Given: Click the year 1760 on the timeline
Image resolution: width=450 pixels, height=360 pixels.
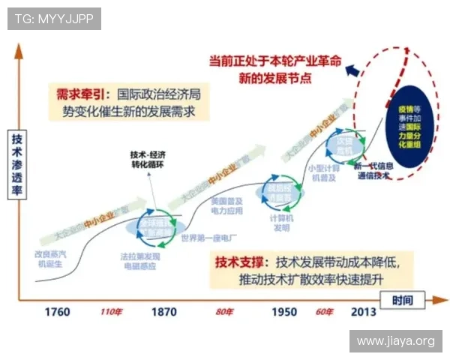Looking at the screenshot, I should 56,311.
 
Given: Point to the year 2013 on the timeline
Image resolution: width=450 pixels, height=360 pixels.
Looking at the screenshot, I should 364,311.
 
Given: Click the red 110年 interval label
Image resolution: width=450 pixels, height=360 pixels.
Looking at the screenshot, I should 110,311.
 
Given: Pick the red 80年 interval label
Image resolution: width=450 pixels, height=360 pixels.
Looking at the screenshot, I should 224,311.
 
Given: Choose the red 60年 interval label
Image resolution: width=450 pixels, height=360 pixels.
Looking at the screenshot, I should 324,311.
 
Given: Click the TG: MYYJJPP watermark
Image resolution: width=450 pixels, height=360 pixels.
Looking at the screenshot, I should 54,18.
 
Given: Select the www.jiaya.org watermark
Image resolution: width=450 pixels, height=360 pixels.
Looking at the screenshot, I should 395,341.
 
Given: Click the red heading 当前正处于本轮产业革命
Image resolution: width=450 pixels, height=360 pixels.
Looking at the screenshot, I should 275,60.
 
